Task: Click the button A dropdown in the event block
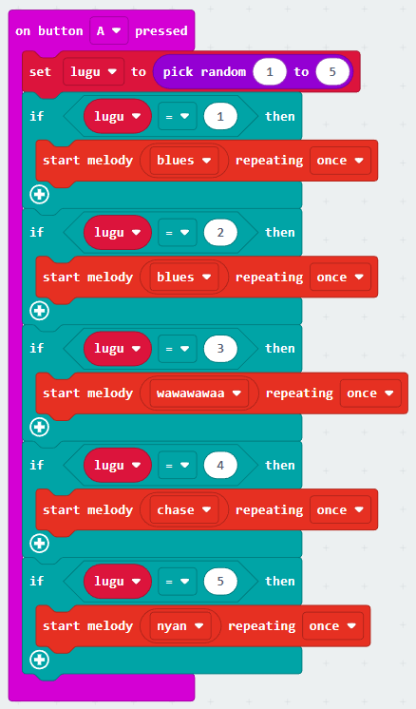click(x=109, y=30)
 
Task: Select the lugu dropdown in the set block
click(x=93, y=71)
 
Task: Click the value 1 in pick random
click(x=270, y=71)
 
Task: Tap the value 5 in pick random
click(x=332, y=71)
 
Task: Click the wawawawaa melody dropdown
click(x=199, y=393)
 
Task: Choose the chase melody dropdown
click(x=184, y=510)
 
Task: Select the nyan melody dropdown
click(x=180, y=626)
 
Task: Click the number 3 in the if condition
click(x=220, y=349)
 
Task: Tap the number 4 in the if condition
click(x=220, y=465)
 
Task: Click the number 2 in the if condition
click(x=220, y=233)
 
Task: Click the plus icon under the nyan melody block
click(x=39, y=660)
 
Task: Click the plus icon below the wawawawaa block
click(x=39, y=427)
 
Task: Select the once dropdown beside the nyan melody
click(x=332, y=626)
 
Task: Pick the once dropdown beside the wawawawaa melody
click(x=370, y=393)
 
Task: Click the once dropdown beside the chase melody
click(x=340, y=510)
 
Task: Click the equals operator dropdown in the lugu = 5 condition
click(x=177, y=582)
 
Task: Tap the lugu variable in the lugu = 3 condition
click(x=118, y=349)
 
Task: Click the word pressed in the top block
click(x=161, y=30)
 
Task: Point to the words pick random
click(x=204, y=72)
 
